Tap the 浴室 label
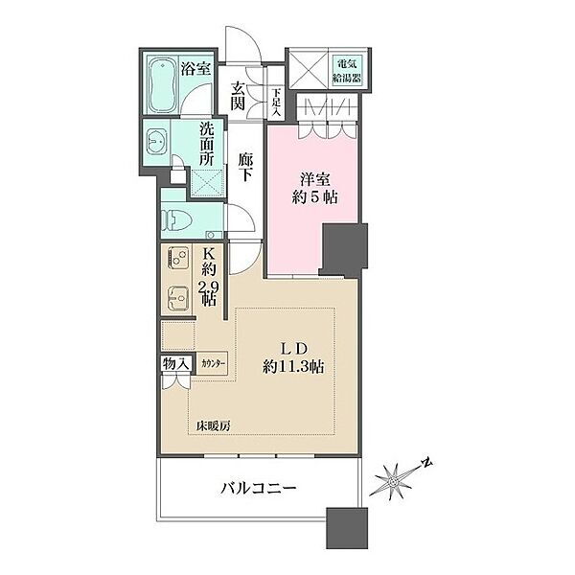click(195, 68)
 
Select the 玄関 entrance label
click(238, 96)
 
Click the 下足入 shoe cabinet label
click(276, 103)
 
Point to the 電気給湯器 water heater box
click(347, 71)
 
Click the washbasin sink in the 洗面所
click(156, 142)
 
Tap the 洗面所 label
click(207, 144)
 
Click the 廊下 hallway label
click(245, 167)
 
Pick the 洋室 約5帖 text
click(315, 189)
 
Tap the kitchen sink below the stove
click(178, 297)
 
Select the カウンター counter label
click(213, 363)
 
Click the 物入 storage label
click(176, 364)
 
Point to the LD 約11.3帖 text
click(293, 358)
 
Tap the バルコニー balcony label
click(258, 488)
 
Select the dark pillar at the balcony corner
click(347, 528)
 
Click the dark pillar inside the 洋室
click(344, 249)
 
